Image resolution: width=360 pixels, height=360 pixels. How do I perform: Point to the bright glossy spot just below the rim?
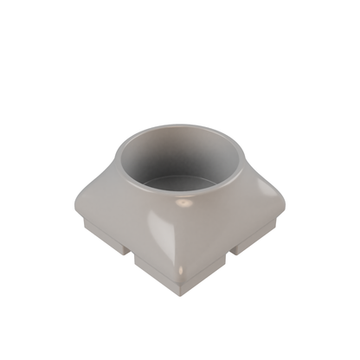184,205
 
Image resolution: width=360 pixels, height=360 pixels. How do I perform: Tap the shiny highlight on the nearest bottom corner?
179,275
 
